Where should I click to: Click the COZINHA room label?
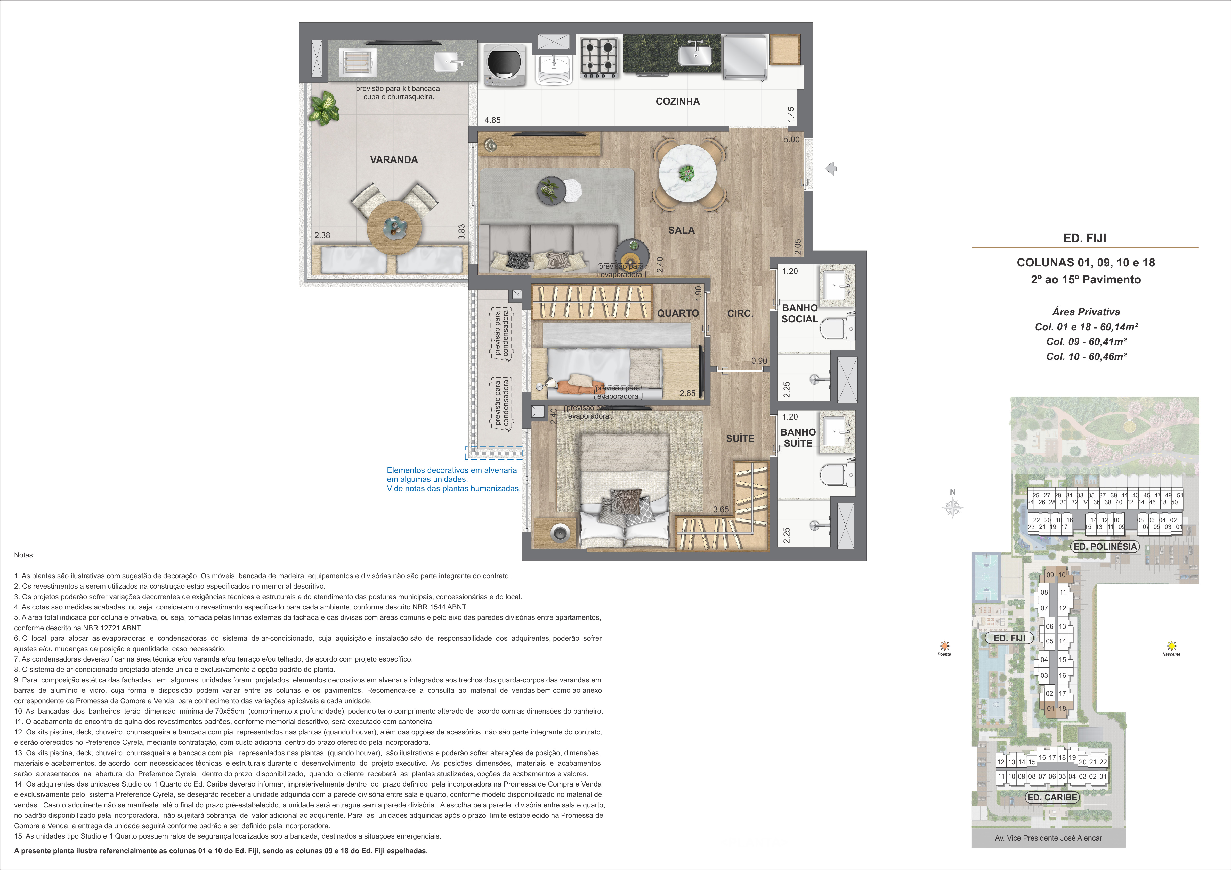click(678, 101)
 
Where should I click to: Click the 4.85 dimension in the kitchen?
click(492, 120)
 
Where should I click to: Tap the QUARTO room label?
click(678, 313)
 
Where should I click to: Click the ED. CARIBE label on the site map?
click(1052, 797)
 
